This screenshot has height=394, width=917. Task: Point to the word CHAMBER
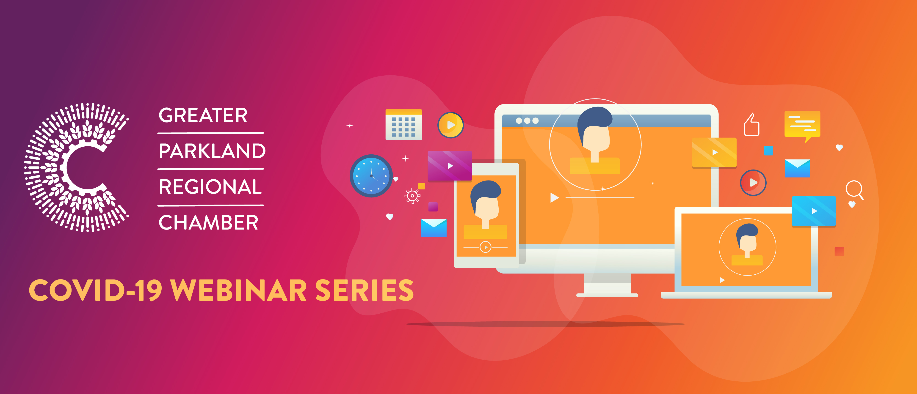(208, 223)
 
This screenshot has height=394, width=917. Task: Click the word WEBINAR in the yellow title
(238, 290)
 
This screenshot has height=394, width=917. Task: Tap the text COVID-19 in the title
(95, 290)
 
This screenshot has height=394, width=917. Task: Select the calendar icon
(404, 124)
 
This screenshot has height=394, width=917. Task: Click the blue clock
(371, 176)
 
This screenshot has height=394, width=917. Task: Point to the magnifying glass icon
(855, 190)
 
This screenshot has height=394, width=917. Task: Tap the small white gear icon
(412, 196)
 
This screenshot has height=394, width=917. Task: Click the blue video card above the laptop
(814, 211)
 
